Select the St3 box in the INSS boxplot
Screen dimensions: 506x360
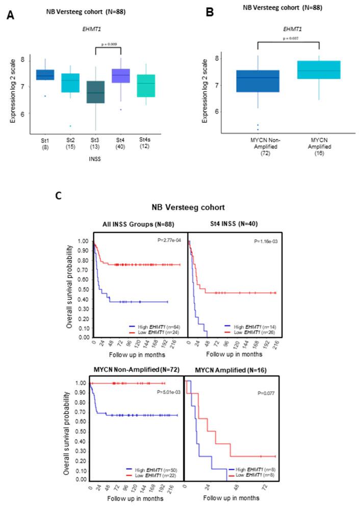(x=95, y=92)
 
